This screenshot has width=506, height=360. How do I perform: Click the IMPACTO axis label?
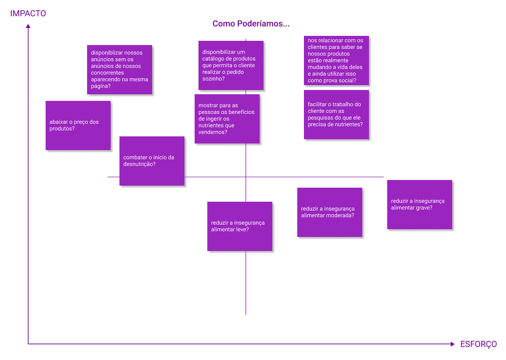[28, 13]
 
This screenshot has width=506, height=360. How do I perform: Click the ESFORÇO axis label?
[479, 344]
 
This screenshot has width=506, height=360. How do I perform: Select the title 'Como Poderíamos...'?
[251, 23]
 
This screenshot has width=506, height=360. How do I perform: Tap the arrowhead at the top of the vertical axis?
[28, 26]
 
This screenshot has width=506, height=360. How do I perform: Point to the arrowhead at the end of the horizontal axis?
[453, 344]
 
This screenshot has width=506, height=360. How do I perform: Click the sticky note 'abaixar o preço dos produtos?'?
[78, 125]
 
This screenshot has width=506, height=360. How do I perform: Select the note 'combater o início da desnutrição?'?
[152, 161]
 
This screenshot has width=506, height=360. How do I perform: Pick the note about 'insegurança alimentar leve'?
[240, 226]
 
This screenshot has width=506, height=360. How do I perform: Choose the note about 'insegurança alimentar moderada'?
[330, 212]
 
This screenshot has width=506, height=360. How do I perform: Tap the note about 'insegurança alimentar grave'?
[420, 205]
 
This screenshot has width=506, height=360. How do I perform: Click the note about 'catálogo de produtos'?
[231, 65]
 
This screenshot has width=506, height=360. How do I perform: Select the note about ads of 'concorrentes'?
[120, 69]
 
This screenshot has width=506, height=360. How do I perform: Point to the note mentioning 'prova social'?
[336, 60]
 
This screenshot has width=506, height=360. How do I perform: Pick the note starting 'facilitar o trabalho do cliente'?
[336, 115]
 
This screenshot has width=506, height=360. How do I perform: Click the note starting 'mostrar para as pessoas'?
[227, 119]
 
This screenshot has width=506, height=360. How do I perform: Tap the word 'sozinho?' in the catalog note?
[213, 79]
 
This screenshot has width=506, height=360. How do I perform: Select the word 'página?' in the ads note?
[100, 86]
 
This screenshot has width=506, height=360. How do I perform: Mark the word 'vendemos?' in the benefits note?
[213, 132]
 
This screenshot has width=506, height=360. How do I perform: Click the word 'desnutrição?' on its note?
[139, 164]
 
